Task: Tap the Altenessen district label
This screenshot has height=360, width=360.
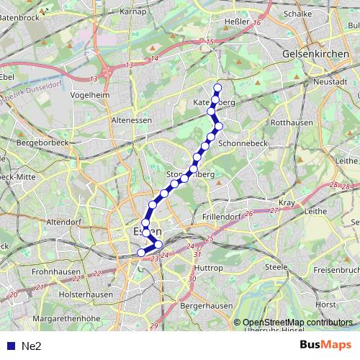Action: (x=131, y=120)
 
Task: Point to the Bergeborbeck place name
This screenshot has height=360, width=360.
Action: (x=45, y=145)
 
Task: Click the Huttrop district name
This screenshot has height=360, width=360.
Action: (x=208, y=267)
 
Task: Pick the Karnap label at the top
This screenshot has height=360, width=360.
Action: (x=133, y=12)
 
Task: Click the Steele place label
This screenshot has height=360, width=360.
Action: (x=276, y=267)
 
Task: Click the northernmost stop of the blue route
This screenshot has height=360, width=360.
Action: (x=217, y=88)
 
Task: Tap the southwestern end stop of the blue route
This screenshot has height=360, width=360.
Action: (x=142, y=252)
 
